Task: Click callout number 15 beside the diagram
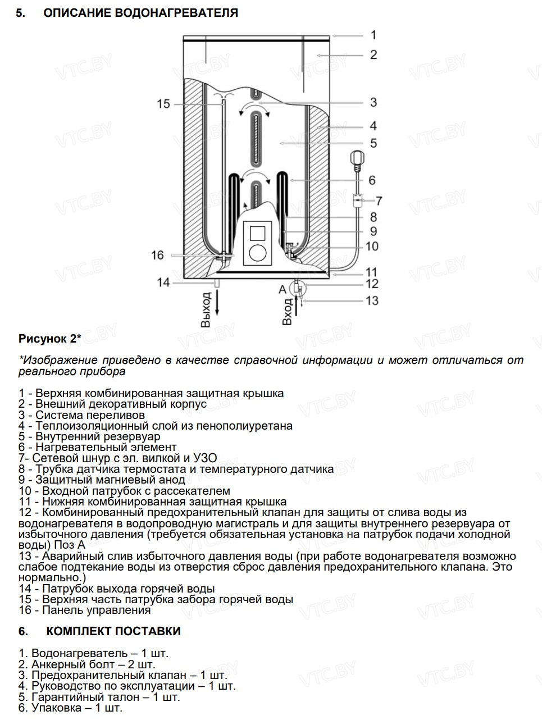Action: [163, 104]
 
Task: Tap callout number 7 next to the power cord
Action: [379, 200]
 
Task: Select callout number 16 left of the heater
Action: [157, 255]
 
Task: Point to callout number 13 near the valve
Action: [372, 300]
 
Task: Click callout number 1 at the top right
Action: [374, 35]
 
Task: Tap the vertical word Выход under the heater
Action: [206, 309]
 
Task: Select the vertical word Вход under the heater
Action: [288, 312]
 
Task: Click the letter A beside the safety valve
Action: [283, 289]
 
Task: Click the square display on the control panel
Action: [257, 233]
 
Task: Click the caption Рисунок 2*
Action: [50, 338]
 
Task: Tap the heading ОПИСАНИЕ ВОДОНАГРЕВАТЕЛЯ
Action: [140, 12]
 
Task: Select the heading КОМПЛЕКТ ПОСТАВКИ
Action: [113, 631]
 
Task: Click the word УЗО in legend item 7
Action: [205, 458]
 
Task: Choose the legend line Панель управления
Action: [85, 610]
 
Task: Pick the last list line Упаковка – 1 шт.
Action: [70, 708]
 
